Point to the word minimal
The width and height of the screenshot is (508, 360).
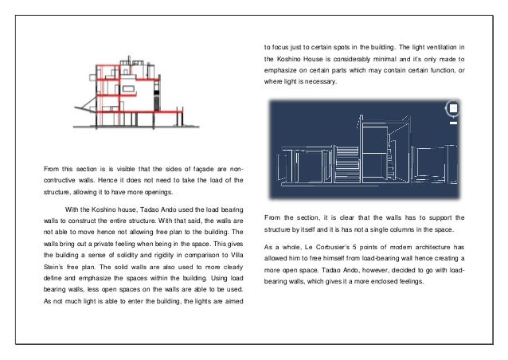coord(416,61)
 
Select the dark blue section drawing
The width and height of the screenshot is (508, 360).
coord(363,151)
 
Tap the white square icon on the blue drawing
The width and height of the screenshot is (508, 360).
coord(453,108)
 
